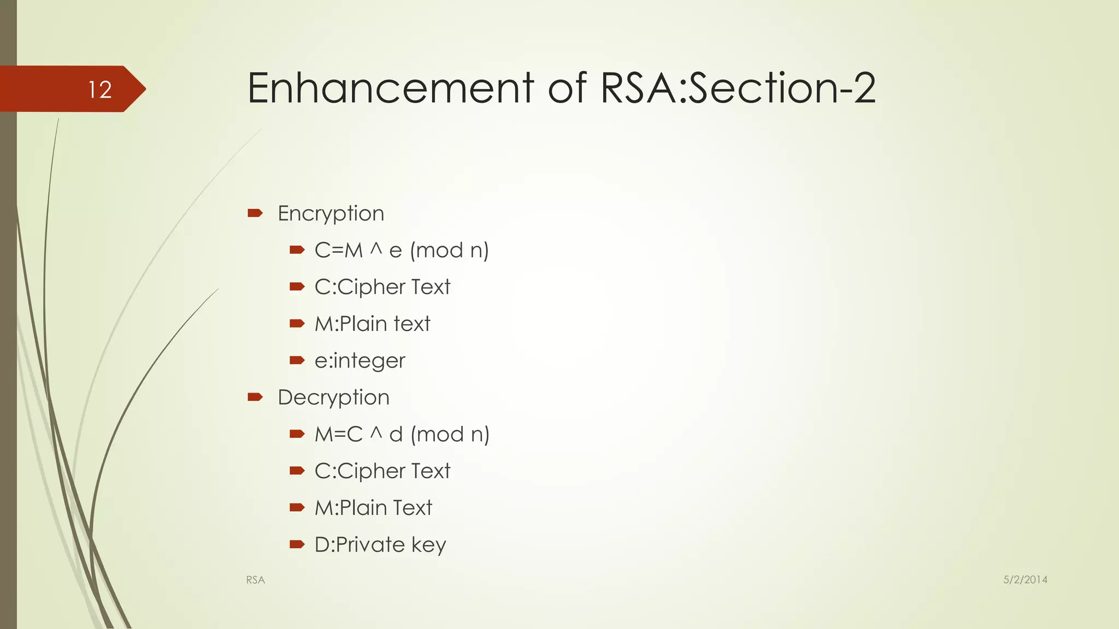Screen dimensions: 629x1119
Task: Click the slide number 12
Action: (100, 90)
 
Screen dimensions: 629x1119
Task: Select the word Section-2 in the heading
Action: (781, 88)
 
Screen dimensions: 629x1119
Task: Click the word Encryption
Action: (331, 213)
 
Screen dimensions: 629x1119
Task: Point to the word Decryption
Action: (333, 397)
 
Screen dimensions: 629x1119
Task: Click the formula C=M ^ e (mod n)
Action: (402, 251)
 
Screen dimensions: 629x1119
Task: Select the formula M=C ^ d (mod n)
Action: (402, 435)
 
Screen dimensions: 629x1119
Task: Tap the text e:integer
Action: (360, 361)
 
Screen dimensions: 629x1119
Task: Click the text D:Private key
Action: (380, 545)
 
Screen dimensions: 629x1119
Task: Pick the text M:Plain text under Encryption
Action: (372, 324)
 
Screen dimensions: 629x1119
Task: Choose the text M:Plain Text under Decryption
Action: (373, 508)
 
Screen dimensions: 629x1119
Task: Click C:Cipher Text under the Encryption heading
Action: (382, 287)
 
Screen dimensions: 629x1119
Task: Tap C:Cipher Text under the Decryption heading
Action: (382, 471)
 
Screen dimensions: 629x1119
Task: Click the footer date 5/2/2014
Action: (1025, 580)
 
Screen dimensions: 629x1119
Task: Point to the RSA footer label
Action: (255, 580)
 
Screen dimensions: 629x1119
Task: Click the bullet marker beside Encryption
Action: (255, 213)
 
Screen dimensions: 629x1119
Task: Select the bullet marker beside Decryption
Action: (255, 397)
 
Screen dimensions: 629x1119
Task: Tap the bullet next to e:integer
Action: (297, 360)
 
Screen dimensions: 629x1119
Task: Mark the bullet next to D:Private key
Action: (297, 544)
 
